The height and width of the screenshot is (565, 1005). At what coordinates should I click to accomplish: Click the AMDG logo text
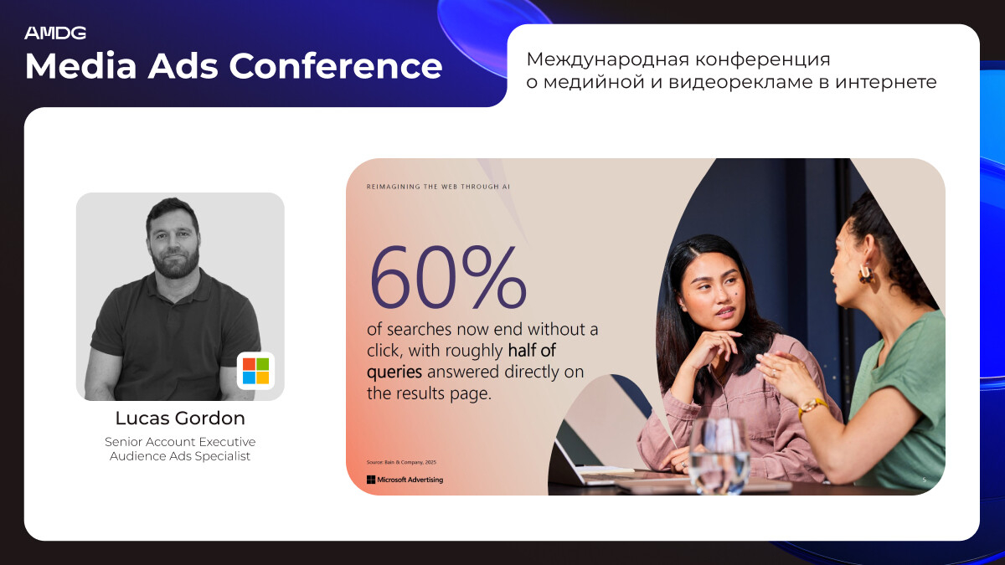pos(55,33)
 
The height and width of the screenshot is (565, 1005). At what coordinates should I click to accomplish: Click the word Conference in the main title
pos(336,66)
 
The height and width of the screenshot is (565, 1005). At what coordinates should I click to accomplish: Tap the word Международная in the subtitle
pos(607,60)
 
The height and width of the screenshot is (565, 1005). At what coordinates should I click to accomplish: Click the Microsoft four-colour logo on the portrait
pos(255,371)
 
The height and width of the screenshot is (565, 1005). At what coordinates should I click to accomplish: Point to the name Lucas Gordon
pos(180,419)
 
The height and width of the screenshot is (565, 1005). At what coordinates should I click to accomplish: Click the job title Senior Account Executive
pos(180,442)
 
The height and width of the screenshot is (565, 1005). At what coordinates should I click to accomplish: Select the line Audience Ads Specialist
pos(180,456)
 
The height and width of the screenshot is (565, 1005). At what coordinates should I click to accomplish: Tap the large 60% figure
pos(447,278)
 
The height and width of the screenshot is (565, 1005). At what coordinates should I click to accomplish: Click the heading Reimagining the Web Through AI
pos(438,187)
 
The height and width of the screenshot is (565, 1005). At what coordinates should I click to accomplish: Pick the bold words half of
pos(532,351)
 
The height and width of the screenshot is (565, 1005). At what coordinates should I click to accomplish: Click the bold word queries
pos(394,372)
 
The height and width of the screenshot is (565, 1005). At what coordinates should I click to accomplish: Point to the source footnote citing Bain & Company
pos(401,462)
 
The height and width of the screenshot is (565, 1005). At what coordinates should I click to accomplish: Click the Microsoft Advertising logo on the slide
pos(405,480)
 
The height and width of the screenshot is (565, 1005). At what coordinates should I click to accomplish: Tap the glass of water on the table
pos(719,455)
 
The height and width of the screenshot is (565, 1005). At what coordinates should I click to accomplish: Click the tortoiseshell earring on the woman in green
pos(865,275)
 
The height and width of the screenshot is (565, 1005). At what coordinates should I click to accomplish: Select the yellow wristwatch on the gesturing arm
pos(812,407)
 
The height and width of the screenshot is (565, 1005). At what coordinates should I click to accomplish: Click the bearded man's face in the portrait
pos(173,243)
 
